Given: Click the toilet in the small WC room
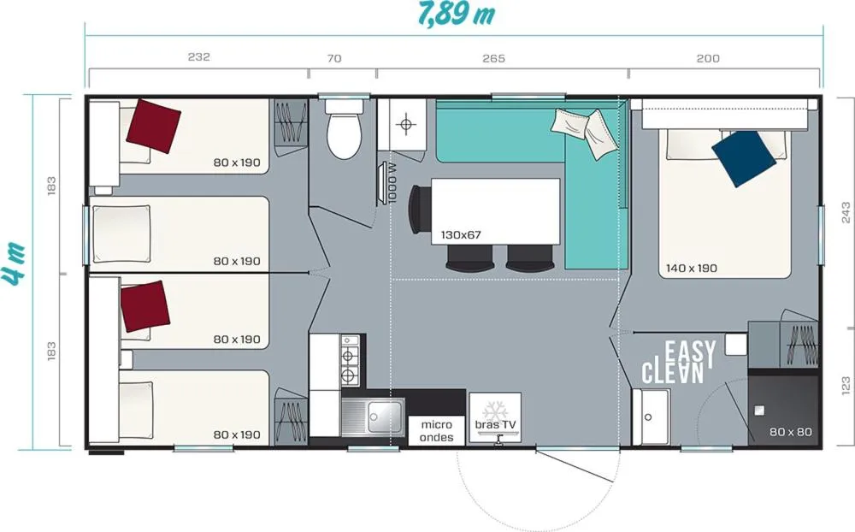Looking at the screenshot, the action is coord(344,129).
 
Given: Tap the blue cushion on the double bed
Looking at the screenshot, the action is coord(744,158).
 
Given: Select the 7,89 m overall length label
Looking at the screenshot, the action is coord(457,15).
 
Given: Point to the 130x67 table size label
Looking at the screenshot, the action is coord(461,235).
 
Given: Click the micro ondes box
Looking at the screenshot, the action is coord(437,431).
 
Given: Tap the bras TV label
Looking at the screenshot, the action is coord(495,424).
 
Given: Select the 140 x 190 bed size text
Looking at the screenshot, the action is coord(692,268).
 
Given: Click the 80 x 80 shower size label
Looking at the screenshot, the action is coord(791,432).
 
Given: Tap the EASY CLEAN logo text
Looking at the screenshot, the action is coord(678,362).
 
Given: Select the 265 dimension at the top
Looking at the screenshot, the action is coord(493,58).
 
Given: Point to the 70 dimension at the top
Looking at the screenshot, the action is coord(334,58).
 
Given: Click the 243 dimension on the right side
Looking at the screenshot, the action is coord(846,213).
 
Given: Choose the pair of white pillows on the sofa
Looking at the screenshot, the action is coord(585,131).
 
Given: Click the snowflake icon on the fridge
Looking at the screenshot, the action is coord(495,409).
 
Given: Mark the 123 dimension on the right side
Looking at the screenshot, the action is coord(846,386).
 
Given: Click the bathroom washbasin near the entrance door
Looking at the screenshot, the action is coord(651,417).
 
